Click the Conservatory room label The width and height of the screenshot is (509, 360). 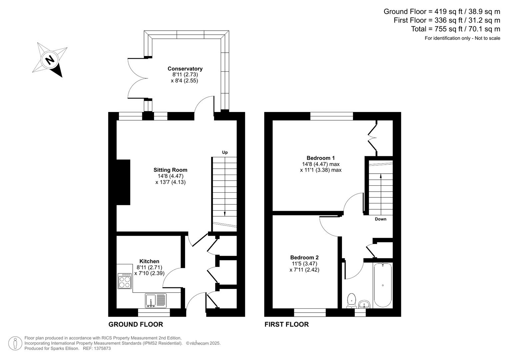(185, 69)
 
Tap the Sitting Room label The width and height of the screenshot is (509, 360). (170, 170)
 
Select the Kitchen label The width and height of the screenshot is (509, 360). (149, 261)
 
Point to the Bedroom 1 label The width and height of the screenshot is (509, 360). (321, 158)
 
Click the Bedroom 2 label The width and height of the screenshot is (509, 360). (304, 257)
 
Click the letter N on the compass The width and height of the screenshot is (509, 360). (50, 60)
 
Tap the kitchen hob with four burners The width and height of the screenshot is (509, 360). (125, 281)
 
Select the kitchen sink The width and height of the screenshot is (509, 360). (156, 300)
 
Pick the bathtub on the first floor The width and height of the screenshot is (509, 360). (383, 285)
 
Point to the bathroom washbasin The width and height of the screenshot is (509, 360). (364, 304)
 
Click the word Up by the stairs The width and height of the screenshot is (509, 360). (225, 152)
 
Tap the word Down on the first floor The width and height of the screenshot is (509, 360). (381, 219)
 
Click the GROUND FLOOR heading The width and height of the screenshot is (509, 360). (136, 324)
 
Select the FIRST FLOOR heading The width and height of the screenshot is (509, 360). (287, 324)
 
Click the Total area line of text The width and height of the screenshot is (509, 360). (455, 29)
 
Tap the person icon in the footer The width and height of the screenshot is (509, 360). (15, 343)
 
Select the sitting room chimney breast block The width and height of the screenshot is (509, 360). (123, 182)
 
